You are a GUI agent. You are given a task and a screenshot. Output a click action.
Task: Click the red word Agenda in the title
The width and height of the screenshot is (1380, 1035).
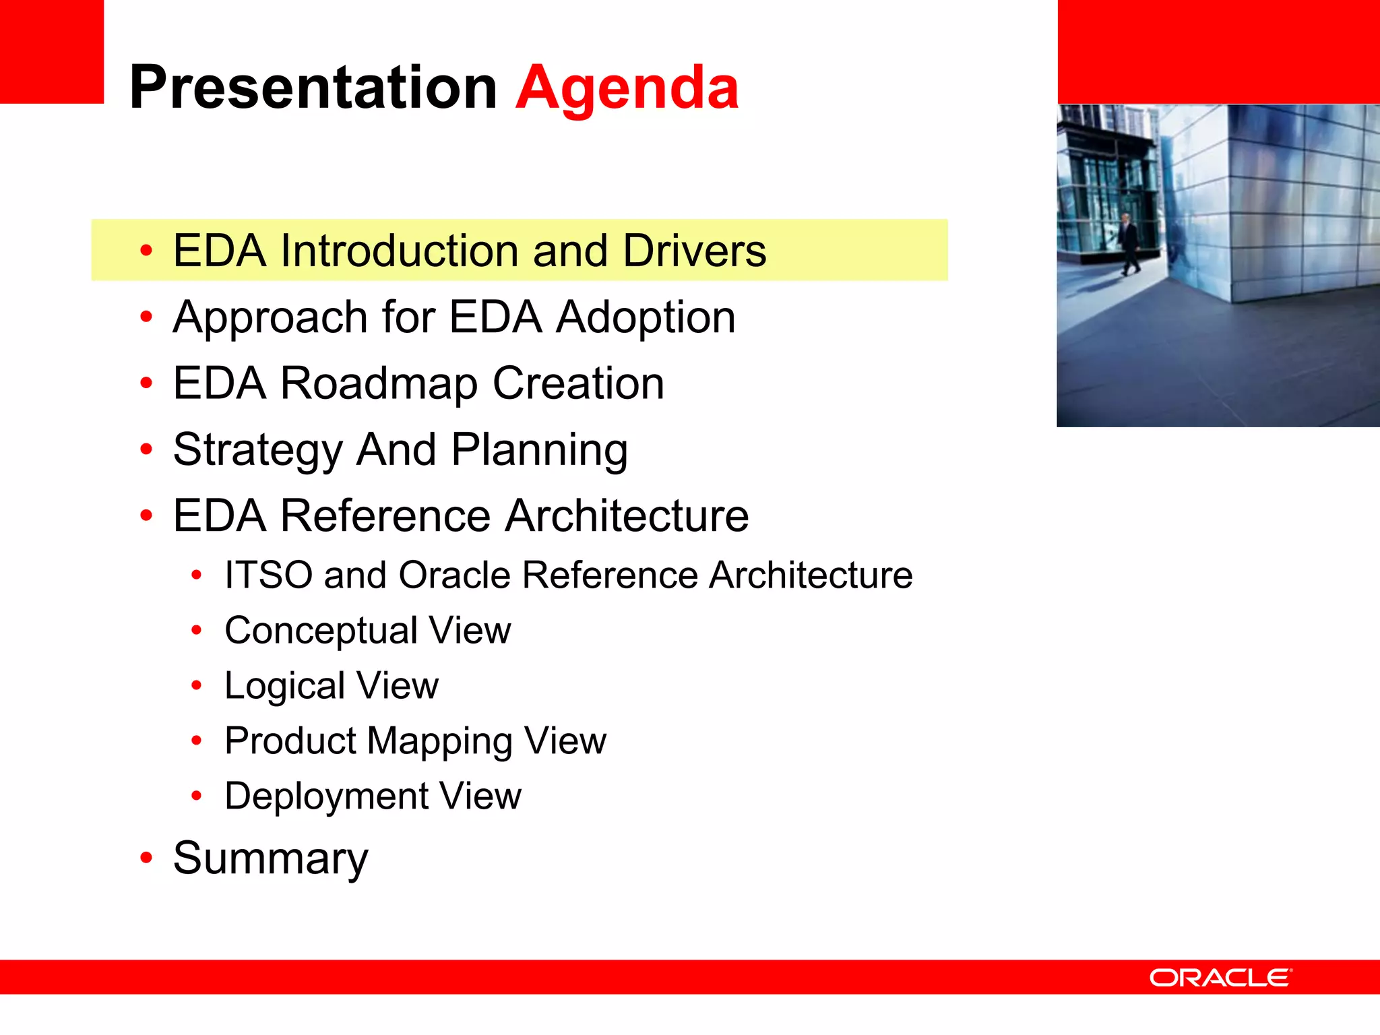pyautogui.click(x=627, y=88)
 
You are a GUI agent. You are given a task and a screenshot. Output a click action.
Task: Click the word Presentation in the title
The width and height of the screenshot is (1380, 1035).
pyautogui.click(x=313, y=88)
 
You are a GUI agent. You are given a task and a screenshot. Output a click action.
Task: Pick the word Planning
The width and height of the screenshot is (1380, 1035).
pyautogui.click(x=539, y=450)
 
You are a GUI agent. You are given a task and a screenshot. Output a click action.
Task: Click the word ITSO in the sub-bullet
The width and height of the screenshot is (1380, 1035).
pyautogui.click(x=268, y=575)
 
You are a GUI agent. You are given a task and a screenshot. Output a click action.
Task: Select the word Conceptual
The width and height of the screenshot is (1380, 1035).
pyautogui.click(x=321, y=631)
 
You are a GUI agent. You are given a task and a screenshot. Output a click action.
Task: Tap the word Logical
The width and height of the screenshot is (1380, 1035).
pyautogui.click(x=284, y=686)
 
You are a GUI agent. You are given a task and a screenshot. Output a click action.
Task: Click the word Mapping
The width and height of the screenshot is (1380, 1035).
pyautogui.click(x=439, y=741)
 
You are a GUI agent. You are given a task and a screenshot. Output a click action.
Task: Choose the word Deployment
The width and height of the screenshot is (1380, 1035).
pyautogui.click(x=326, y=796)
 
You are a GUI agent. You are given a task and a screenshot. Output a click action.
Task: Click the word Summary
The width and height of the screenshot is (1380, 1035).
pyautogui.click(x=270, y=858)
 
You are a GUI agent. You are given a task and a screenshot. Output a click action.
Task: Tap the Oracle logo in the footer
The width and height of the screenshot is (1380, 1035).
pyautogui.click(x=1220, y=978)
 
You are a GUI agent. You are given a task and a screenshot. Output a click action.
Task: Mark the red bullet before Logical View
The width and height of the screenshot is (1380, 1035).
pyautogui.click(x=196, y=686)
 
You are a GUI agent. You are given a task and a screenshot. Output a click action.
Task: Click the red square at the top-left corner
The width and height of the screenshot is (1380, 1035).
pyautogui.click(x=51, y=51)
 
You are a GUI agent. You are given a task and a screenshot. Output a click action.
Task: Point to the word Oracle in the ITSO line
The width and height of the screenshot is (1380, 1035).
pyautogui.click(x=454, y=575)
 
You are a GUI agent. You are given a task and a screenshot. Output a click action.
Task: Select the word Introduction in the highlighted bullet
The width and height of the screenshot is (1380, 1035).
pyautogui.click(x=399, y=251)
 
